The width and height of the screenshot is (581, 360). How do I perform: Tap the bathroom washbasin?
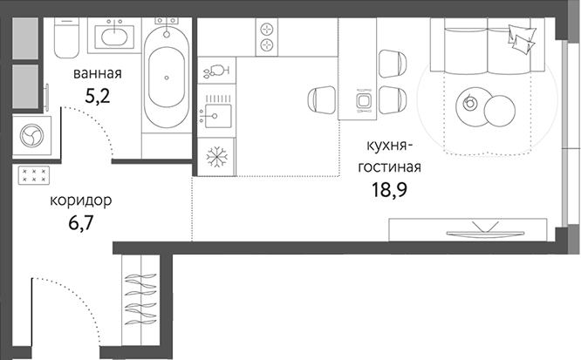pos(112,37)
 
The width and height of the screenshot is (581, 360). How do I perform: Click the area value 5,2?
pos(96,94)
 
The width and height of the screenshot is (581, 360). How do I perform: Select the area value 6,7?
pos(81,222)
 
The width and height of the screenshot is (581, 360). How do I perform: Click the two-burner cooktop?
pos(266,37)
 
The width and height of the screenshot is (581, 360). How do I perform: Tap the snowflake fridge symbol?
pos(214,159)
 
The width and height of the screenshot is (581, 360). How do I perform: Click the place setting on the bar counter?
pos(364,102)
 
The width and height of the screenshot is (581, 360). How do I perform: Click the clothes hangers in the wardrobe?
pos(141,297)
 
